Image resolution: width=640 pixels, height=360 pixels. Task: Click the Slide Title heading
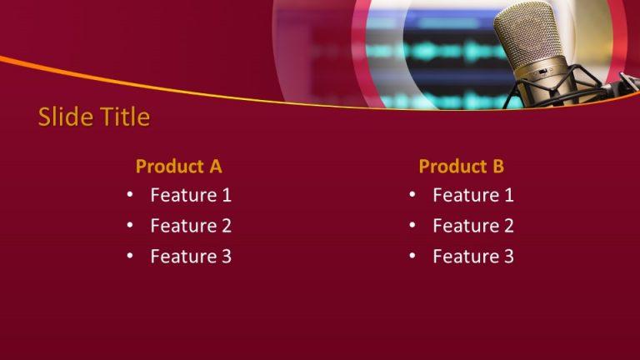[94, 117]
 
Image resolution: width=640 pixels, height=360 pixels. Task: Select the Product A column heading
[178, 166]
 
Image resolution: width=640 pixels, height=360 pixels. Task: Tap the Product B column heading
[461, 166]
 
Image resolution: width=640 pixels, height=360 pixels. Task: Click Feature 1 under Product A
[191, 195]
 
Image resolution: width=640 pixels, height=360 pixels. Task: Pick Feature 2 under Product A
[191, 225]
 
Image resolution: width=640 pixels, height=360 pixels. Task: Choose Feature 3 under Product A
[191, 256]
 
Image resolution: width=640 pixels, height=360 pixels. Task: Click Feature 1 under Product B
[473, 195]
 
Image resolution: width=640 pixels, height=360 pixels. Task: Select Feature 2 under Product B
[473, 225]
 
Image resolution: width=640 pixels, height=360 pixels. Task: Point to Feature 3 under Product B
[473, 256]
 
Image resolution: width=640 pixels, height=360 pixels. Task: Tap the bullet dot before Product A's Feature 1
[130, 195]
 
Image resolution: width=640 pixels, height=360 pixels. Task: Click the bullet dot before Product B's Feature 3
[412, 256]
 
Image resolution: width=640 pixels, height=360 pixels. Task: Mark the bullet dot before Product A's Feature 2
[130, 225]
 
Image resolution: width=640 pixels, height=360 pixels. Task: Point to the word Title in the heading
[122, 117]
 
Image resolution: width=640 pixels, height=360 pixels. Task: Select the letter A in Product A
[216, 166]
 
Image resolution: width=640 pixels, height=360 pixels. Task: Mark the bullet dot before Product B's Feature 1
[412, 195]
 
